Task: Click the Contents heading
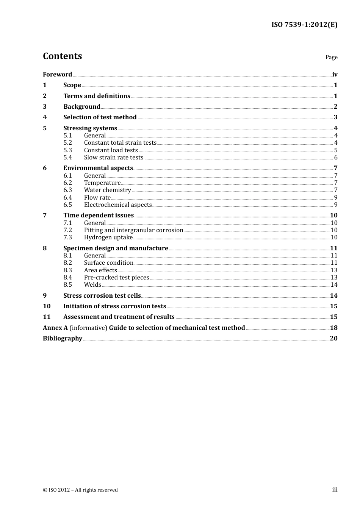pos(62,56)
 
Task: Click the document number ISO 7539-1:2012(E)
pos(304,25)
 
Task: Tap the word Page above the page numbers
pos(331,57)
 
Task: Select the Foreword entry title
pos(57,75)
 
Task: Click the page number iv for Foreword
pos(335,75)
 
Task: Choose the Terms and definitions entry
pos(97,96)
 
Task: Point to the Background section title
pos(82,107)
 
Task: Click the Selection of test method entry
pos(100,117)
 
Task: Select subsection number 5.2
pos(67,143)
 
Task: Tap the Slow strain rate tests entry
pos(114,158)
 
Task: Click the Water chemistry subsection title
pos(108,190)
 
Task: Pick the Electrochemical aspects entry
pos(118,205)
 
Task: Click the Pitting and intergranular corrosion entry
pos(133,230)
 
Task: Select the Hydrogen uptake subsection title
pos(108,237)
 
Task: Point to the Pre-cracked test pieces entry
pos(116,278)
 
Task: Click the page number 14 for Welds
pos(334,285)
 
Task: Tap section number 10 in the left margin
pos(47,306)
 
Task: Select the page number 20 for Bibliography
pos(333,339)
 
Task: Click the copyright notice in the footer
pos(80,490)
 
